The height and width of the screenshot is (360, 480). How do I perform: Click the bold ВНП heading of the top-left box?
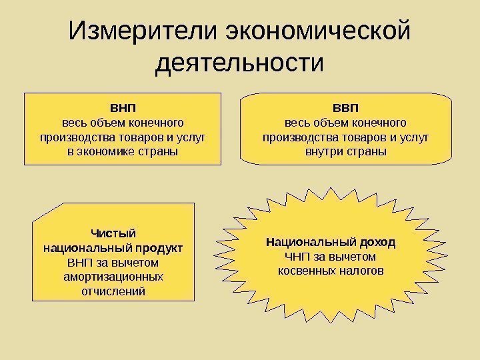click(123, 108)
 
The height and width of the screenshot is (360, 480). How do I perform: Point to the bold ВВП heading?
click(345, 108)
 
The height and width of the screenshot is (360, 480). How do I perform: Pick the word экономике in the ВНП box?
click(110, 152)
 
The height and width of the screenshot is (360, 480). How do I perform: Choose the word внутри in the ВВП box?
click(321, 152)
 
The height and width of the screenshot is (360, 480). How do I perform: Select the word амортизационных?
click(113, 276)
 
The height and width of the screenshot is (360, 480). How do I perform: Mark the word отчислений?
click(113, 291)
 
